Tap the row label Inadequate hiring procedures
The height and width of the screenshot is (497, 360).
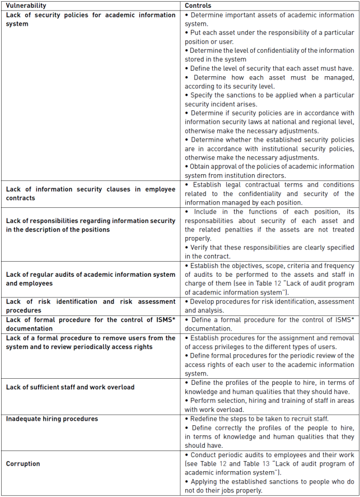(x=52, y=419)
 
